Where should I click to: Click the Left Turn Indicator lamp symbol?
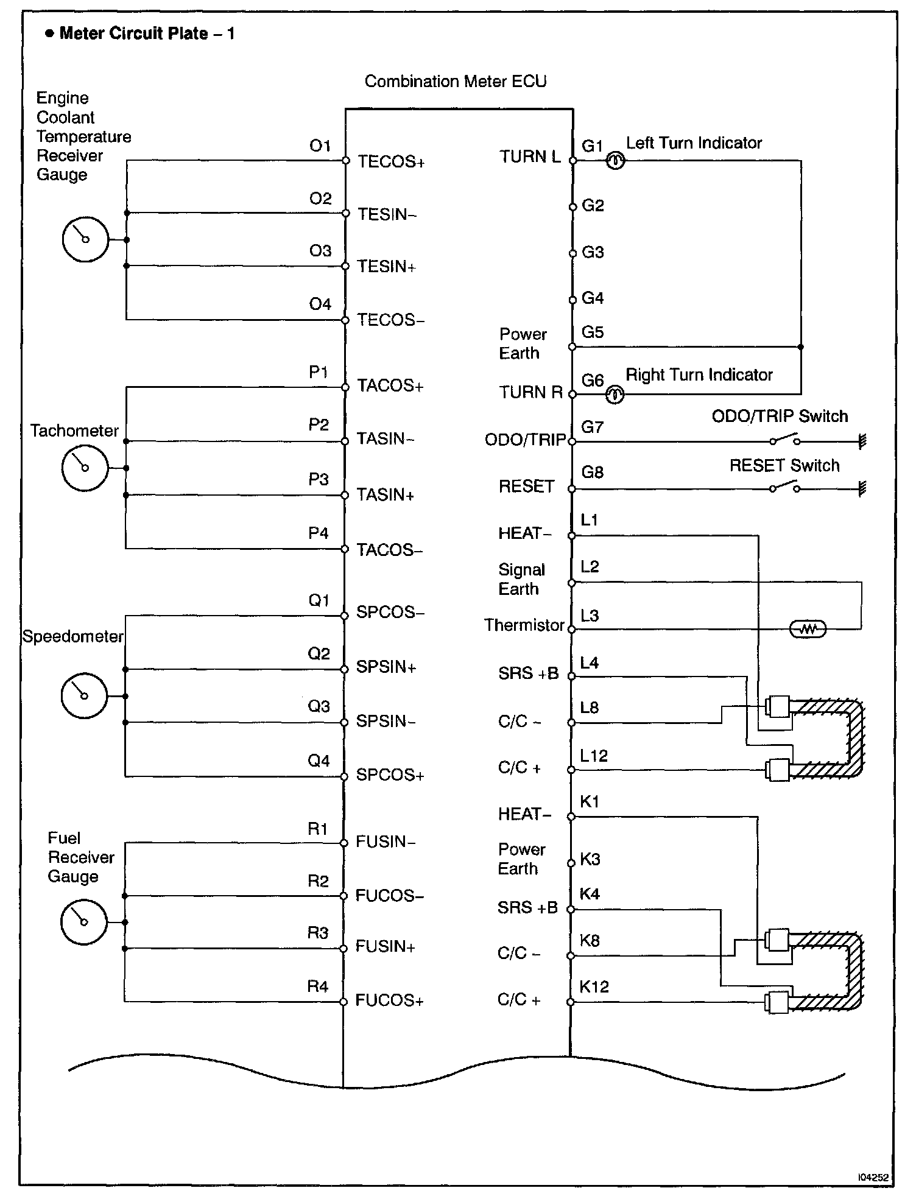click(615, 161)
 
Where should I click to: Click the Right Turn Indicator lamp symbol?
click(615, 395)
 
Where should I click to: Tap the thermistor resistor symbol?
click(808, 629)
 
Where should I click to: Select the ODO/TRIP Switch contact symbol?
click(784, 440)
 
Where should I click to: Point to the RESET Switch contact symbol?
click(784, 487)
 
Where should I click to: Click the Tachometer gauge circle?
click(85, 468)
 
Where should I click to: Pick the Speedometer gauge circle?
click(84, 695)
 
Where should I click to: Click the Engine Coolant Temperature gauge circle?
click(85, 239)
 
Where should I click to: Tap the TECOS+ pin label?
click(391, 161)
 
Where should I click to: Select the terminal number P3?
click(319, 480)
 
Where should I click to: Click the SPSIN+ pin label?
click(386, 667)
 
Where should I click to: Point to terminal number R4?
click(318, 986)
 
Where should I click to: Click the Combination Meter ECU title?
click(456, 82)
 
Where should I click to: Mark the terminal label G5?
click(593, 332)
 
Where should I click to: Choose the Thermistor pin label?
click(524, 625)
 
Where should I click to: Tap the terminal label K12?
click(594, 987)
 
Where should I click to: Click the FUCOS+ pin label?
click(389, 1001)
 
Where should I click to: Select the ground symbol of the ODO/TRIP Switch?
click(862, 441)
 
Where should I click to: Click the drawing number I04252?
click(873, 1178)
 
